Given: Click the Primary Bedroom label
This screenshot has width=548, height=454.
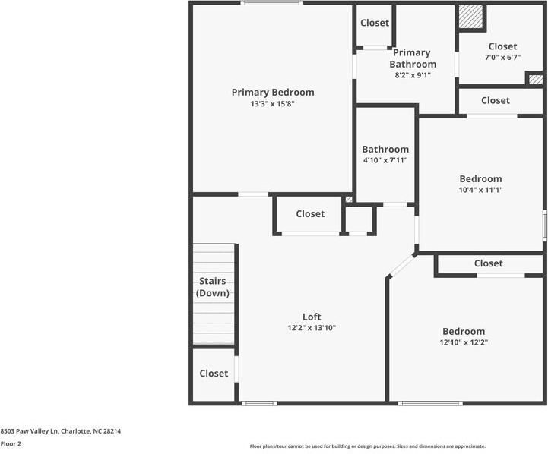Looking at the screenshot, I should [x=272, y=93].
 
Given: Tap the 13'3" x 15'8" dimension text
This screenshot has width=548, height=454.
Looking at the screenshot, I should [x=272, y=104].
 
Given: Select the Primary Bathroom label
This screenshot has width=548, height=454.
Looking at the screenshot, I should [x=411, y=58].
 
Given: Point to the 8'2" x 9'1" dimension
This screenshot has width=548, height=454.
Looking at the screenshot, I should [x=411, y=75].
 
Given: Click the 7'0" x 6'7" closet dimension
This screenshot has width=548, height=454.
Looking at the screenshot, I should [x=502, y=57].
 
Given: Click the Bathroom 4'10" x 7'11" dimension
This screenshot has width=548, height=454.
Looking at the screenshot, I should [x=385, y=160].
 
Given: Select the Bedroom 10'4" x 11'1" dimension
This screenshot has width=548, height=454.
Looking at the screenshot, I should [x=480, y=190].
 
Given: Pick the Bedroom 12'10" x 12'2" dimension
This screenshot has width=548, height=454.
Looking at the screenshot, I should [x=464, y=342].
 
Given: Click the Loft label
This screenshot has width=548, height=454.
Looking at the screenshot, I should [x=312, y=317].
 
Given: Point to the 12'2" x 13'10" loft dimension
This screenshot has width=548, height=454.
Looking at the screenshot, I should [x=312, y=328].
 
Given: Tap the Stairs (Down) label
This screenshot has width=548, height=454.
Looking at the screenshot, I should [x=212, y=287].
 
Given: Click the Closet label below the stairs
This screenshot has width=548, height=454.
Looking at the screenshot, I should [x=214, y=374].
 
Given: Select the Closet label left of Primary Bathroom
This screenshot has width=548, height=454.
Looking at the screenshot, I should [x=374, y=23].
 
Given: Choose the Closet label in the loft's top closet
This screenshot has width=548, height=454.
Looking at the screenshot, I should [x=310, y=214].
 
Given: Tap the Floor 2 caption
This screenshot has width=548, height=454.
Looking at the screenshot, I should [x=11, y=444].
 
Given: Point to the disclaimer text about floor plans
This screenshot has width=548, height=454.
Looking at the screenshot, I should [x=368, y=446].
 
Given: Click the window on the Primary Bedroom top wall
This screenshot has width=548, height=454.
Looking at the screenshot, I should [x=271, y=3].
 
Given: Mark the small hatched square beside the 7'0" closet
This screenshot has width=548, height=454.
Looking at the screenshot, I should [x=535, y=79].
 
